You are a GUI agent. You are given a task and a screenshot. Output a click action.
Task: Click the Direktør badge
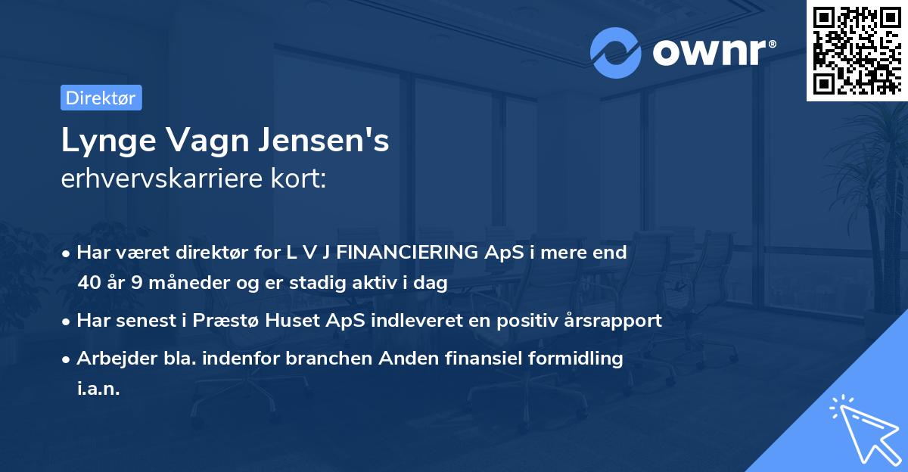[101, 98]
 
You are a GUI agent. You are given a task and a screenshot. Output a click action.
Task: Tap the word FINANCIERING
[407, 253]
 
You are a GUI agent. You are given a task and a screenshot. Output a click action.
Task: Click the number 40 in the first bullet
[89, 283]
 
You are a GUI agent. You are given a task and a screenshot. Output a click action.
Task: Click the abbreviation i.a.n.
[98, 389]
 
